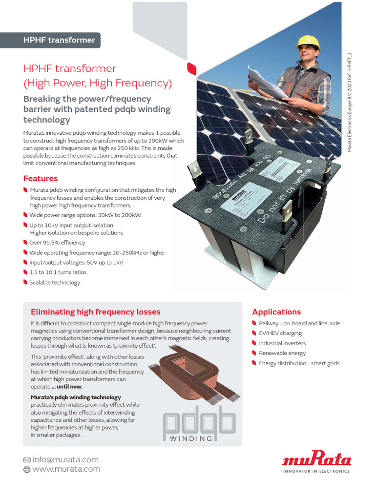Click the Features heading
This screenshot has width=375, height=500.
tap(41, 179)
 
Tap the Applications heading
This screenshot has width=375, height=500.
tap(276, 312)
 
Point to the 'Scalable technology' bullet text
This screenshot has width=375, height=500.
tap(55, 283)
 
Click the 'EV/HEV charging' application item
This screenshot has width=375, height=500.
tap(280, 333)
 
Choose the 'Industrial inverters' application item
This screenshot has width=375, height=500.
tap(282, 343)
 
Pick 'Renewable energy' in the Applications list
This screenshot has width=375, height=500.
tap(282, 353)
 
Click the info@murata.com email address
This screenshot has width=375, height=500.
tap(65, 459)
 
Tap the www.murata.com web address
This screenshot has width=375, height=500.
tap(66, 469)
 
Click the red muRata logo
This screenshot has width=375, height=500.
tap(316, 459)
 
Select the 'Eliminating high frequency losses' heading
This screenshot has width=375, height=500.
tap(96, 312)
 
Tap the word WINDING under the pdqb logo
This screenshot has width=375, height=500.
tap(191, 438)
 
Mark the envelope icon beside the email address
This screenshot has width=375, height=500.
tap(27, 460)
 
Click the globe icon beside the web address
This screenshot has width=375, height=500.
tap(27, 470)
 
